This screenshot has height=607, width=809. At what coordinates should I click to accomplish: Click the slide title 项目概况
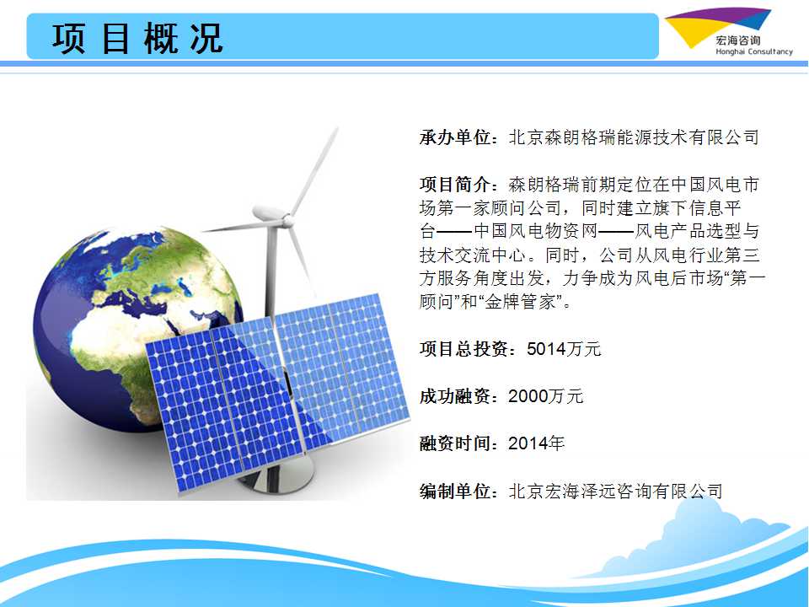tap(137, 38)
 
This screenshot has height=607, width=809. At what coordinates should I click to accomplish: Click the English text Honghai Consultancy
tap(753, 51)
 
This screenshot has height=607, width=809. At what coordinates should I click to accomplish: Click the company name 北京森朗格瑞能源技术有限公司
tap(634, 137)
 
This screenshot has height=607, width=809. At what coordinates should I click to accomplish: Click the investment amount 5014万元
tap(564, 349)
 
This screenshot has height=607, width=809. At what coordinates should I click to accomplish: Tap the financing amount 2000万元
tap(546, 396)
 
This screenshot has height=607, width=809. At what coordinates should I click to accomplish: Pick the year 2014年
tap(537, 443)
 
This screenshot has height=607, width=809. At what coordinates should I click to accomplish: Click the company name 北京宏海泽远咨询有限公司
tap(615, 491)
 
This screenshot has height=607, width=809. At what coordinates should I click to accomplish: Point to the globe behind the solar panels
tap(129, 320)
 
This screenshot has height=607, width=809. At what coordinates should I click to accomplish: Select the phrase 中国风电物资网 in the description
tap(536, 231)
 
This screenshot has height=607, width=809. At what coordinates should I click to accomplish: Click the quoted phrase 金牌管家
tap(520, 302)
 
